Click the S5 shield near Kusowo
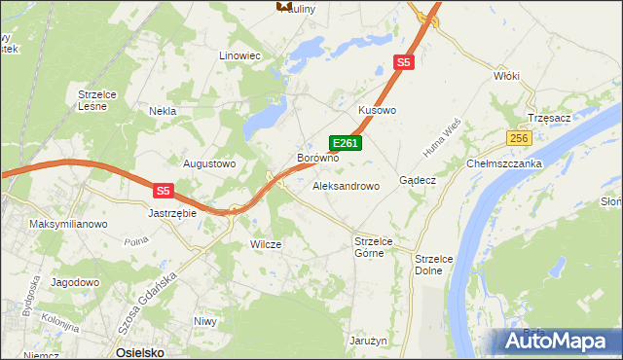405,63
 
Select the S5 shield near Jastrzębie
164,191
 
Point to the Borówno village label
317,157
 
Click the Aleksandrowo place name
346,185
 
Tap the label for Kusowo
378,111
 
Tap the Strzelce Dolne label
429,265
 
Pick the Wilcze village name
266,244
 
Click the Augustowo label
210,163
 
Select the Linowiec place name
240,55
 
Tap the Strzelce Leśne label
98,99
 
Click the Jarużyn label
369,342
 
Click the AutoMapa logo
554,341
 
